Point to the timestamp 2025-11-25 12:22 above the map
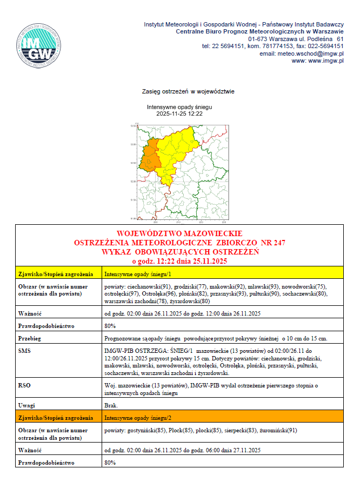179,114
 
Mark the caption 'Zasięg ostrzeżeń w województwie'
180,92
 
